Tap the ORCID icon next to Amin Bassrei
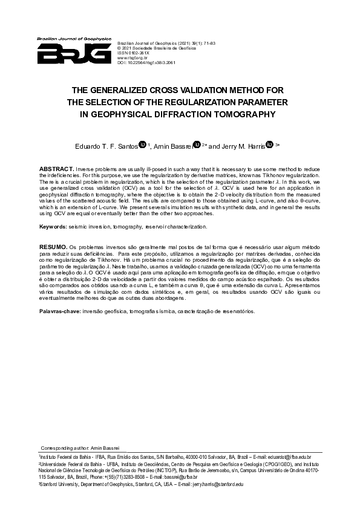[196, 144]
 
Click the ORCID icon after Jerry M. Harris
[270, 144]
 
